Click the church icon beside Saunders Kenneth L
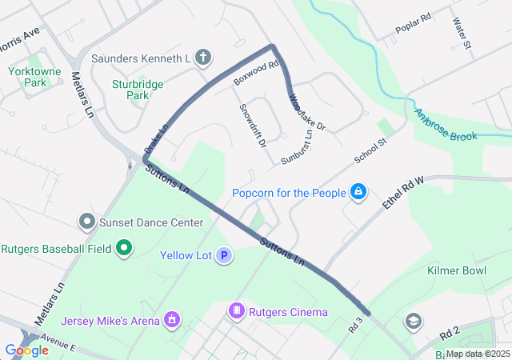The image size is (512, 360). click(204, 58)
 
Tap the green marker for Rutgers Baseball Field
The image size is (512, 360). click(123, 249)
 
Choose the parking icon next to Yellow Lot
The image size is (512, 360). click(225, 256)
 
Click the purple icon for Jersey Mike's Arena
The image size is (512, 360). click(170, 321)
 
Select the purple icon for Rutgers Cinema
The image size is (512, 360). click(236, 311)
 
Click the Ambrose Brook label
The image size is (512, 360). click(446, 126)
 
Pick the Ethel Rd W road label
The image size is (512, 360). click(402, 194)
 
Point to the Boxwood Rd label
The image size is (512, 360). click(255, 74)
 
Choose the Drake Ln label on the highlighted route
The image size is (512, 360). click(156, 139)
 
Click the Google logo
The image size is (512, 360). click(26, 350)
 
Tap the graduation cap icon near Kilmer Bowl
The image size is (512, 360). click(413, 322)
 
